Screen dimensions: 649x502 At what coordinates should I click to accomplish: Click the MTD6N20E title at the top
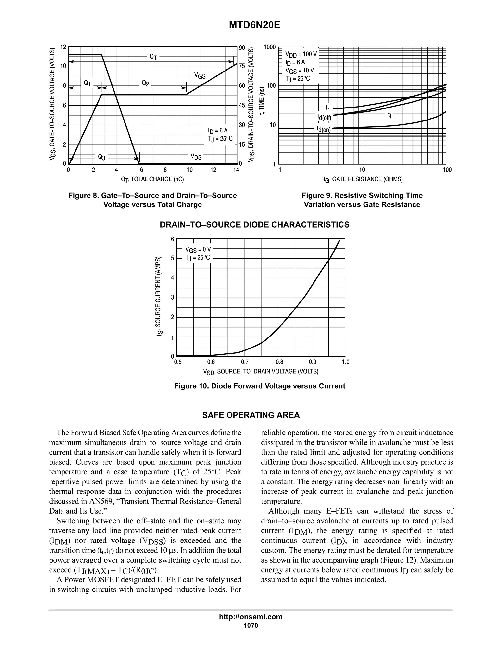(x=254, y=25)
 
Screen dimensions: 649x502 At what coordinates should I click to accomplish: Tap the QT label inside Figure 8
(x=153, y=57)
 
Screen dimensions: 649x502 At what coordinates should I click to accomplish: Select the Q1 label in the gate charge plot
(x=87, y=83)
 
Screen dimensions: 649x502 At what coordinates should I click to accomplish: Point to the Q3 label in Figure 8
(x=101, y=157)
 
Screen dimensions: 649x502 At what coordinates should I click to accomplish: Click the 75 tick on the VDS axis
(x=241, y=66)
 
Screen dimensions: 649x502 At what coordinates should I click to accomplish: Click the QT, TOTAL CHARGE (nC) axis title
(x=152, y=179)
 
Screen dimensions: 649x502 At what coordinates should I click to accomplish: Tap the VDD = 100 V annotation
(x=301, y=54)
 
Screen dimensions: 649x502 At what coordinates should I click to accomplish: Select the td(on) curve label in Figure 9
(x=324, y=129)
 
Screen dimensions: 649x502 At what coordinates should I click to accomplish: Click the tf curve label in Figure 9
(x=389, y=115)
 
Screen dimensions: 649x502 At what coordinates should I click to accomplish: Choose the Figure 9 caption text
(x=362, y=200)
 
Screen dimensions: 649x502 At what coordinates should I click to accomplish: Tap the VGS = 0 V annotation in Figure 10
(x=198, y=249)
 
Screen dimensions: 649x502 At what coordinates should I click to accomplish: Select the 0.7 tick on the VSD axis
(x=245, y=362)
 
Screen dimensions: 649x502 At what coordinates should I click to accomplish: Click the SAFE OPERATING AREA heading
(x=251, y=415)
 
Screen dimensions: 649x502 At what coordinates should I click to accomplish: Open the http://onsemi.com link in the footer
(x=251, y=617)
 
